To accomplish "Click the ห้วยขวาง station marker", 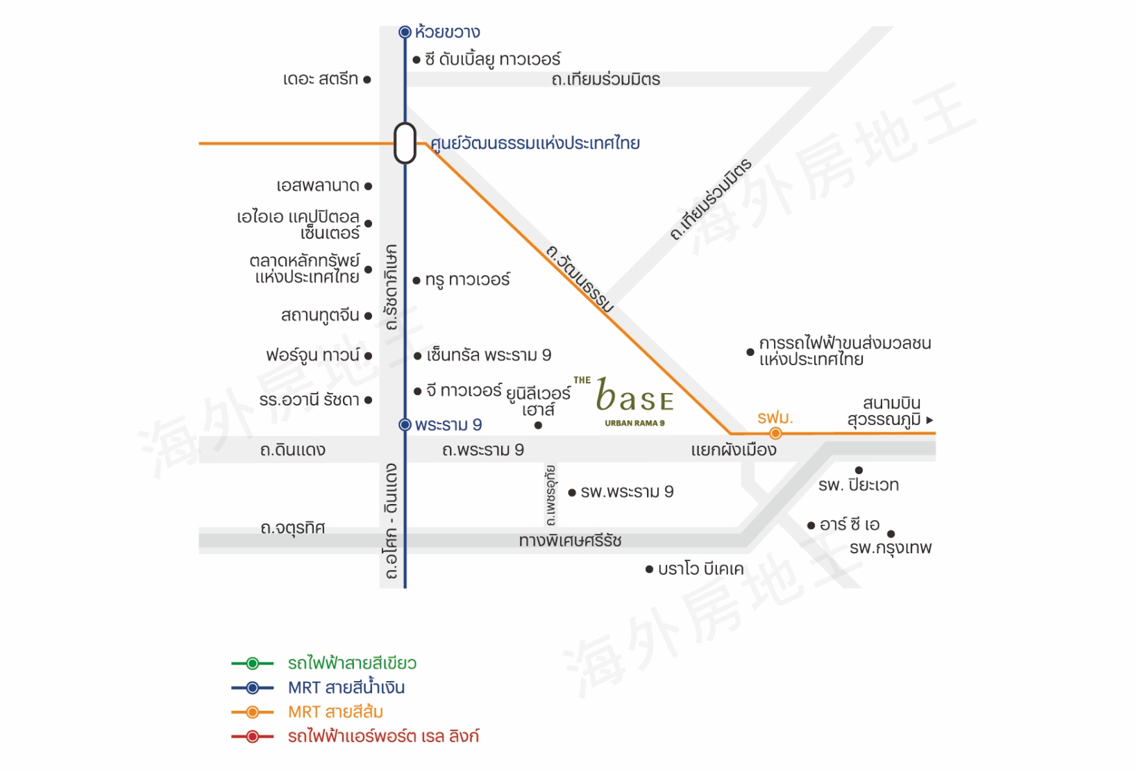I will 405,32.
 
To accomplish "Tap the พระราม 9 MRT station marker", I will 405,425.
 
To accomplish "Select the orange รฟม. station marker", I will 775,434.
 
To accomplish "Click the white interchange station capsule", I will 405,143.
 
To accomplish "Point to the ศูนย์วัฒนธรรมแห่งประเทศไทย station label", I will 535,144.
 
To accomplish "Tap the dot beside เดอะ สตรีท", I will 367,80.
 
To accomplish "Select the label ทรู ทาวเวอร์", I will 467,280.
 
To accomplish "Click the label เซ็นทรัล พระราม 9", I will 489,355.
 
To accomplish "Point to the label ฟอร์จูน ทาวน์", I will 313,355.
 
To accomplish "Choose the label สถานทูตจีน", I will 320,315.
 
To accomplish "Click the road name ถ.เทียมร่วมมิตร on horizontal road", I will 605,80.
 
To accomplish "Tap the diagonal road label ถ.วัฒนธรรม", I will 580,278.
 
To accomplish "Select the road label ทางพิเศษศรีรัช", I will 570,540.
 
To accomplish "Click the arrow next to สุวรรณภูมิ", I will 929,420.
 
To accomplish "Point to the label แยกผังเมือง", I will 734,450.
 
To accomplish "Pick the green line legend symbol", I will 253,664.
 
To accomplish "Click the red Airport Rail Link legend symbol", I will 253,737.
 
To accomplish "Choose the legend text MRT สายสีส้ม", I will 335,712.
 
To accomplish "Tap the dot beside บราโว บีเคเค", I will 649,569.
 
